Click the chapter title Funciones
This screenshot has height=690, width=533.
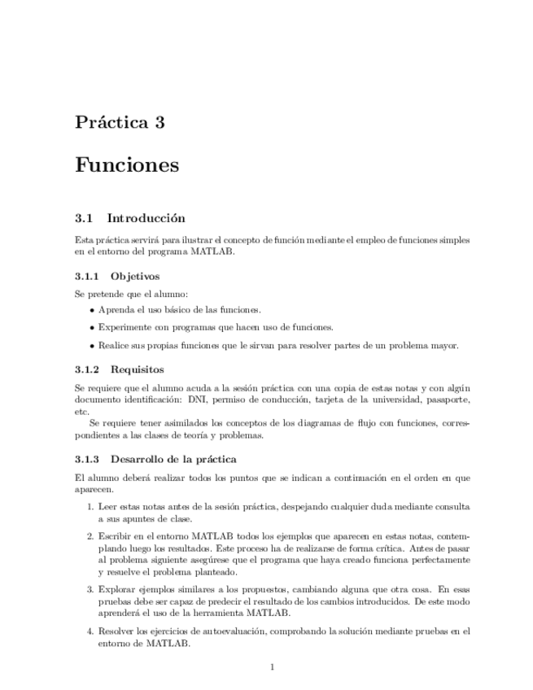pyautogui.click(x=126, y=165)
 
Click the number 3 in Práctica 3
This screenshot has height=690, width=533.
pyautogui.click(x=159, y=124)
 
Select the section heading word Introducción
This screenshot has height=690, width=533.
pyautogui.click(x=146, y=218)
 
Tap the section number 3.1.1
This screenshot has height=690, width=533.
pyautogui.click(x=86, y=277)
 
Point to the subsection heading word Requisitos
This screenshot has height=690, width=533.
pyautogui.click(x=138, y=369)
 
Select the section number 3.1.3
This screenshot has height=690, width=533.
pyautogui.click(x=86, y=459)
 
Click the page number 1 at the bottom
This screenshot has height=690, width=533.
pyautogui.click(x=273, y=668)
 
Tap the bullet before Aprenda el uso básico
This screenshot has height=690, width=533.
pyautogui.click(x=92, y=310)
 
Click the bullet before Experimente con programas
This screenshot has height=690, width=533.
pyautogui.click(x=92, y=328)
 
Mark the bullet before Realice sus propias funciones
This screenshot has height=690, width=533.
pyautogui.click(x=92, y=346)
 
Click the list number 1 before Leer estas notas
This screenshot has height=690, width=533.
pyautogui.click(x=90, y=507)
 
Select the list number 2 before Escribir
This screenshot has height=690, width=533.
pyautogui.click(x=90, y=537)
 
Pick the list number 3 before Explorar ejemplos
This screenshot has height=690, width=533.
pyautogui.click(x=90, y=588)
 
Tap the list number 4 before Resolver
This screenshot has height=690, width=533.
pyautogui.click(x=90, y=631)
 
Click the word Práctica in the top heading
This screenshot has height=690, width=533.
pyautogui.click(x=109, y=124)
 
